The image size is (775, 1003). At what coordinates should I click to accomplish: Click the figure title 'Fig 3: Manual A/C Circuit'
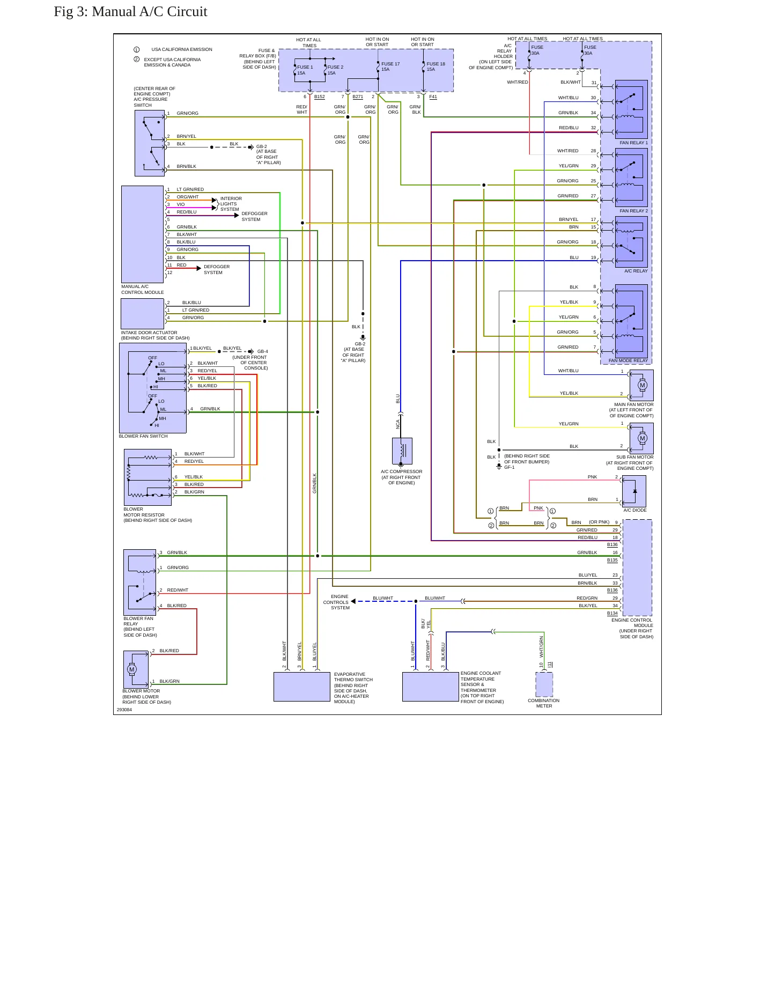click(x=130, y=12)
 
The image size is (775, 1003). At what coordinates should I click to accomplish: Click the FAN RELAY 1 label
click(x=633, y=143)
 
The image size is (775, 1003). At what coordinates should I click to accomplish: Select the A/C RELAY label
click(x=636, y=271)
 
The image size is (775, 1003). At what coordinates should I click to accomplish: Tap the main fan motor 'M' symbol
click(x=643, y=385)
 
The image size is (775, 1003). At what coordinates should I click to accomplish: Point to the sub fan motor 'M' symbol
click(x=643, y=438)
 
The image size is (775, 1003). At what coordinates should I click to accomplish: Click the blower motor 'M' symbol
click(x=132, y=669)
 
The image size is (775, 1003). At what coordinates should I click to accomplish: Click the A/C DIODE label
click(x=635, y=510)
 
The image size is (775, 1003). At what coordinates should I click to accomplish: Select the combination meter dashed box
click(x=544, y=684)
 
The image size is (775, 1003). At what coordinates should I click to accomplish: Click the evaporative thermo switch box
click(x=302, y=687)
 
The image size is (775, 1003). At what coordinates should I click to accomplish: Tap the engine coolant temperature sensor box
click(x=431, y=687)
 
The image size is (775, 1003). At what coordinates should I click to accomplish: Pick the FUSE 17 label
click(x=390, y=64)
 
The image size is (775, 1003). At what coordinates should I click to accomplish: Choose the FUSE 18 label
click(x=436, y=64)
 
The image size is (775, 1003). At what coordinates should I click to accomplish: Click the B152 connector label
click(x=320, y=97)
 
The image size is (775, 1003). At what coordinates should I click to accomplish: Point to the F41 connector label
click(x=433, y=97)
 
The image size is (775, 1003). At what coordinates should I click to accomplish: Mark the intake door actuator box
click(x=142, y=314)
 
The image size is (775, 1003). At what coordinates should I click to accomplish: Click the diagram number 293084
click(x=124, y=710)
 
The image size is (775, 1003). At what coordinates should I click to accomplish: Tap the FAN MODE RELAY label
click(x=628, y=360)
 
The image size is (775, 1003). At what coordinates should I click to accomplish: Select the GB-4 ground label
click(x=263, y=352)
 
